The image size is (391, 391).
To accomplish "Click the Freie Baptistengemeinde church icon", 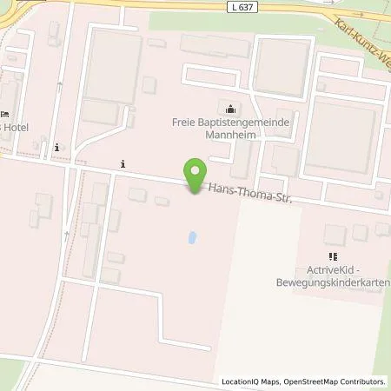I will coord(230,109).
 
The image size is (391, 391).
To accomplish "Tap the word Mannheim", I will coord(229,136).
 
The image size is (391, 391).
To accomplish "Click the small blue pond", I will coord(191,236).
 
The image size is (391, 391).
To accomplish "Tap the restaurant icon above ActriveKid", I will coord(332,256).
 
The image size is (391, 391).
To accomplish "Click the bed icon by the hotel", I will coord(4,114).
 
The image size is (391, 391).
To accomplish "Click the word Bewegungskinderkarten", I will coord(341,284).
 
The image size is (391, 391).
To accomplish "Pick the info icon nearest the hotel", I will coord(56,147).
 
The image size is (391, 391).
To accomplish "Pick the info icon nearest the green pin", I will coord(123,162).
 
